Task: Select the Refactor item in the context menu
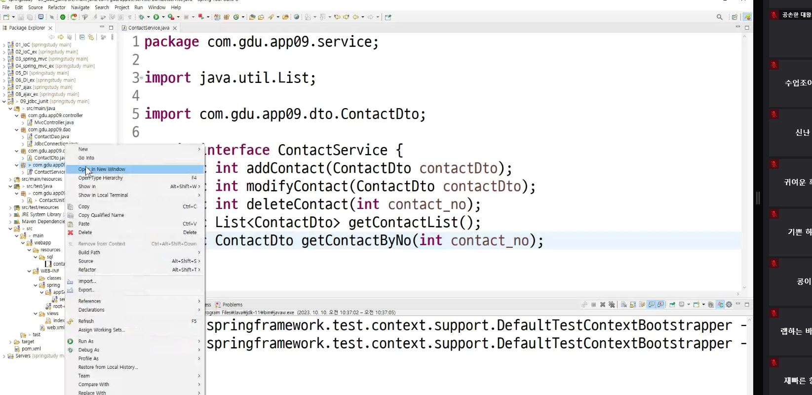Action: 87,270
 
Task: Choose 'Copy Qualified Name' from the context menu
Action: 101,215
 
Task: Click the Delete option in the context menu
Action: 85,233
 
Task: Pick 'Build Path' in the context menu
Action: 89,253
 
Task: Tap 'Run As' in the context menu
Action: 86,342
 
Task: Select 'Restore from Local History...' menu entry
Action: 108,367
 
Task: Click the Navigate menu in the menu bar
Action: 80,7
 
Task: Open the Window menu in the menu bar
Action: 157,7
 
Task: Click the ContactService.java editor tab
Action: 149,28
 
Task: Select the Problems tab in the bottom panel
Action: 232,305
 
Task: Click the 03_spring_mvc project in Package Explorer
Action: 31,59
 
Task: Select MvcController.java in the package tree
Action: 54,122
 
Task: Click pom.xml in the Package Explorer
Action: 31,349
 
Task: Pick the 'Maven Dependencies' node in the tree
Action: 43,222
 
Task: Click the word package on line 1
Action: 172,42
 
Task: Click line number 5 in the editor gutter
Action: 136,114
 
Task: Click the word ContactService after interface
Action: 332,150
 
